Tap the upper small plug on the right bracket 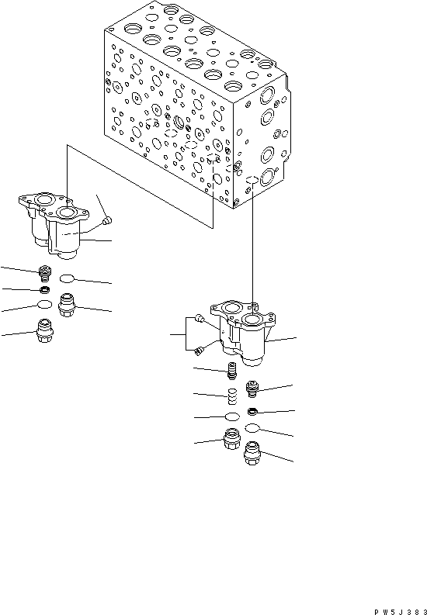[200, 319]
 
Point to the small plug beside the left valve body [108, 223]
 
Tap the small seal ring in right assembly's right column [252, 410]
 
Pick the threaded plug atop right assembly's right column [252, 387]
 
